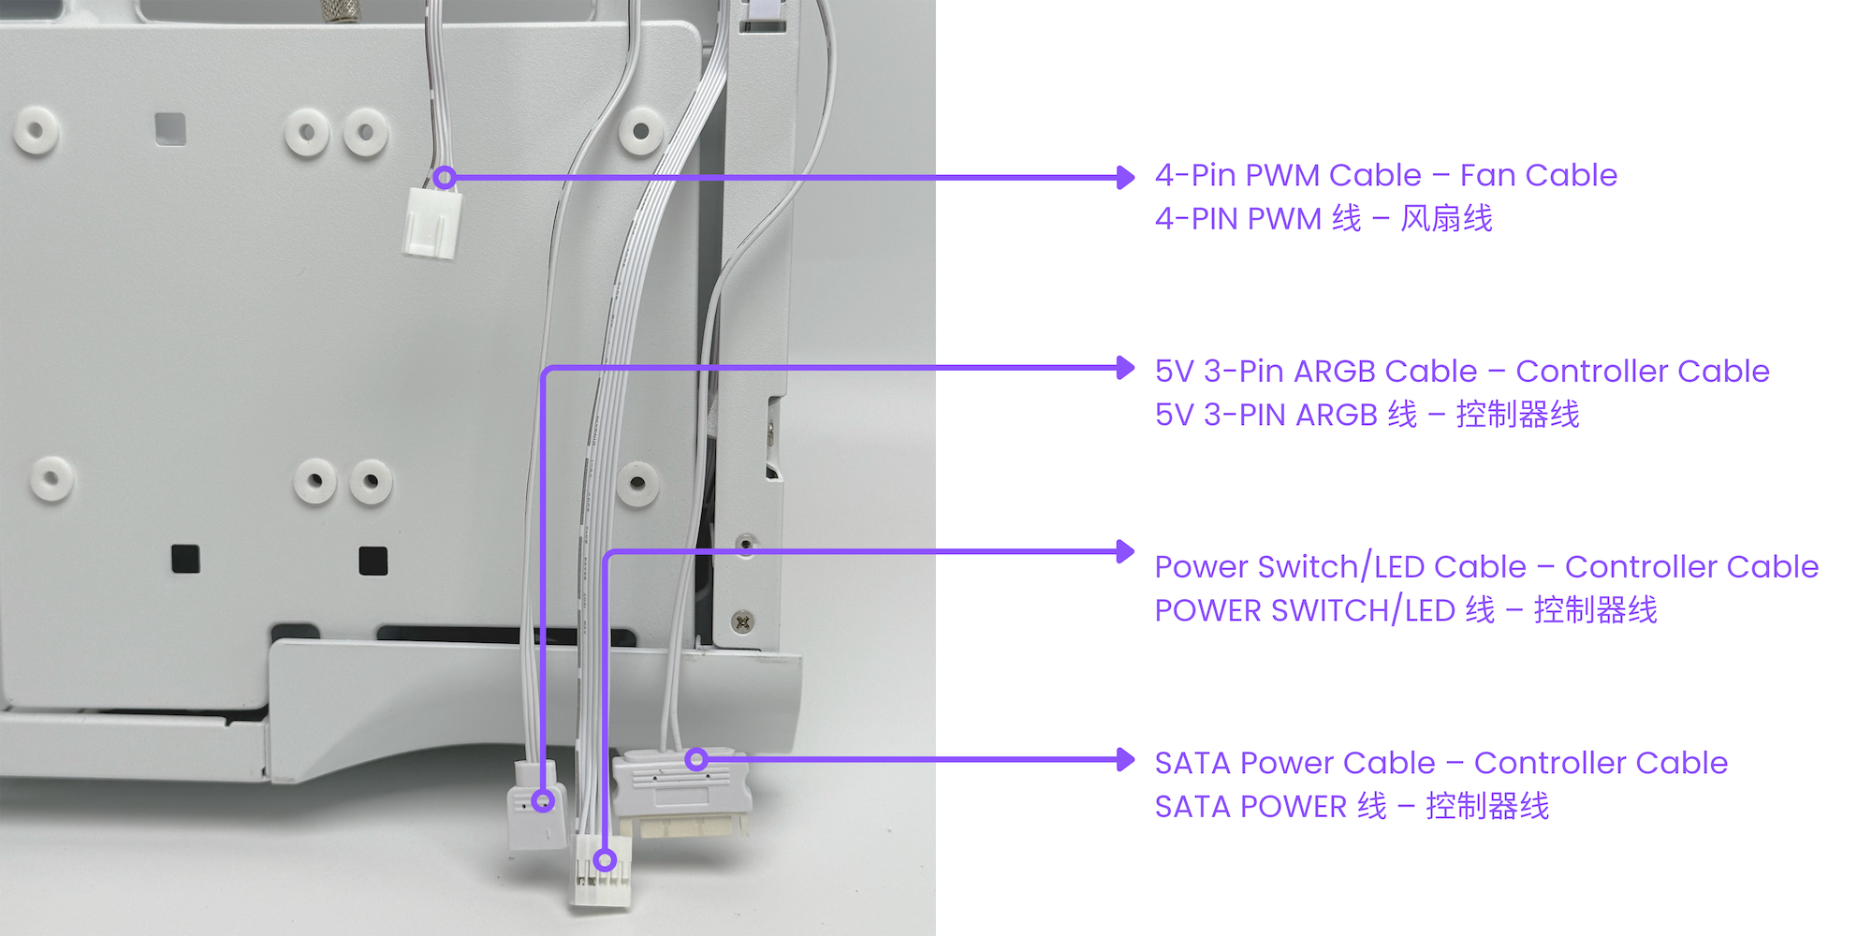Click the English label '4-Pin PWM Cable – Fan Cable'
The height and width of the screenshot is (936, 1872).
1385,175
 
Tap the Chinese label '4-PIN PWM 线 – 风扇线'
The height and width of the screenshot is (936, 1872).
1323,219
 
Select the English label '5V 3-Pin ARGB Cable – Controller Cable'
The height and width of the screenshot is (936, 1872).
1461,372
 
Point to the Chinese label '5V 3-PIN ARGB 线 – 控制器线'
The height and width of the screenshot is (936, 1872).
1367,415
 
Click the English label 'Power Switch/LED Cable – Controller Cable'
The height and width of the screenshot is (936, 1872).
1485,567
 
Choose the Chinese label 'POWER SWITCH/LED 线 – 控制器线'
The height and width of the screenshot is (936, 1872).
1405,610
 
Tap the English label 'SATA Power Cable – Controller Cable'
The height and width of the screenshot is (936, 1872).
1441,763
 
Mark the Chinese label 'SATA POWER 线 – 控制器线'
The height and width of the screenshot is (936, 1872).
1351,806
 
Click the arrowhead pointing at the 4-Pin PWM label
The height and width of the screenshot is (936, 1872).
1126,177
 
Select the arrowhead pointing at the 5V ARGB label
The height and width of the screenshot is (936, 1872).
1126,368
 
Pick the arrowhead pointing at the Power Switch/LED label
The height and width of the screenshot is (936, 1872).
1126,551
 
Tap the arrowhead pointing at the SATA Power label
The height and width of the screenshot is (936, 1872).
1126,759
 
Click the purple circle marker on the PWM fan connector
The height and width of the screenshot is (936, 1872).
445,177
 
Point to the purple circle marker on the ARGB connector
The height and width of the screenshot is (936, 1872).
543,801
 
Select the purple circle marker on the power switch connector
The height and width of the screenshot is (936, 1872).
606,860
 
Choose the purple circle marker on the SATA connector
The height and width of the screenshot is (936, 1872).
695,759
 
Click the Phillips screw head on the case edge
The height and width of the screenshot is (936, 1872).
742,622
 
